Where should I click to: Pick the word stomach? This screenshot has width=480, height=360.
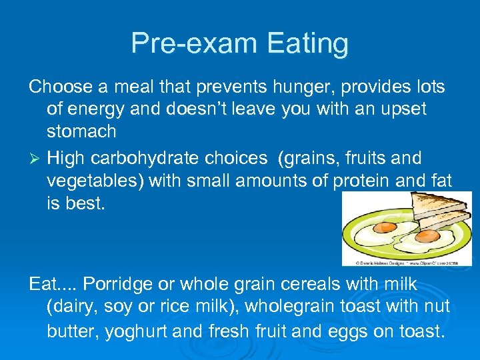81,131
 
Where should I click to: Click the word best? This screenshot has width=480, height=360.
87,203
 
